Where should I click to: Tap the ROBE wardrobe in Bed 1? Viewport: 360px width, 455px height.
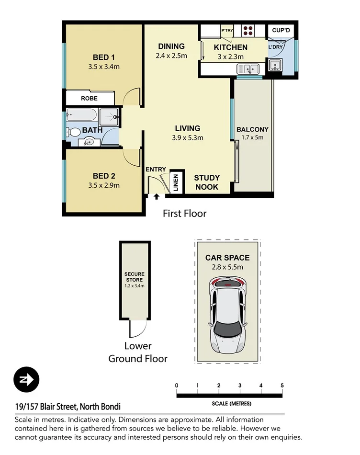click(89, 98)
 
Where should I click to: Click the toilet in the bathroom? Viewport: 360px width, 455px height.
click(73, 132)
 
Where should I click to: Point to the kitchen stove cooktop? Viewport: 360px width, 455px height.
click(248, 30)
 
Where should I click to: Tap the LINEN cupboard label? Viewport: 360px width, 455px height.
click(176, 182)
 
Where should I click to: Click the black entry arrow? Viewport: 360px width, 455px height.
click(157, 196)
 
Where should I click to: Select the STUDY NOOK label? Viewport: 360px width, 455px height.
click(206, 182)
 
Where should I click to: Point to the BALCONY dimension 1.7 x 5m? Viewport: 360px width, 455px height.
click(252, 137)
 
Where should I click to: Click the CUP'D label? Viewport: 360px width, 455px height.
click(281, 30)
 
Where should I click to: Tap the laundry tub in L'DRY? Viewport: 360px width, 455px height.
click(275, 66)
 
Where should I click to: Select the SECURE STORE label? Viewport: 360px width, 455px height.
click(134, 277)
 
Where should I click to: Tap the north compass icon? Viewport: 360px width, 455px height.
click(26, 380)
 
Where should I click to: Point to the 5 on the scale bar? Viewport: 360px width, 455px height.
click(282, 386)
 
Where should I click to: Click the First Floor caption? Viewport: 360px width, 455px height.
click(184, 214)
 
